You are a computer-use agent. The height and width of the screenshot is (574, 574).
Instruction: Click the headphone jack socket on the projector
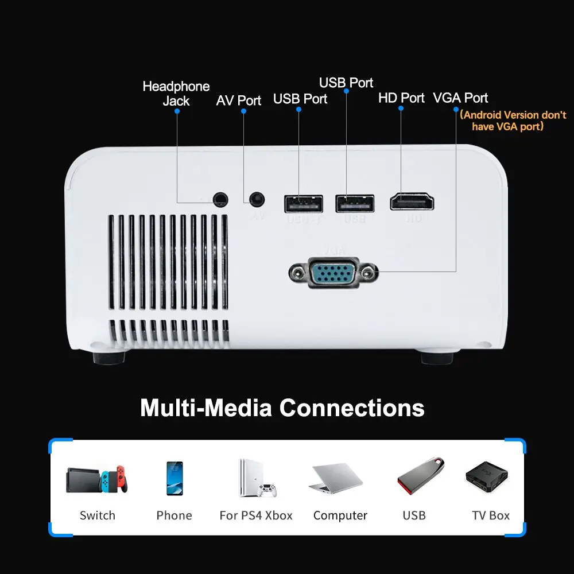click(x=220, y=200)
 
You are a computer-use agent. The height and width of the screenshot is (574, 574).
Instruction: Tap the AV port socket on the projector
click(x=257, y=200)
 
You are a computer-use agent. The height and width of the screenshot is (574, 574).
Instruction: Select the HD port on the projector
click(x=412, y=202)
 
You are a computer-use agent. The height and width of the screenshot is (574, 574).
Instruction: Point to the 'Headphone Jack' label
click(x=176, y=94)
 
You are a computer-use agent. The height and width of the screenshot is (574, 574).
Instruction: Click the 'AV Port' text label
click(x=239, y=100)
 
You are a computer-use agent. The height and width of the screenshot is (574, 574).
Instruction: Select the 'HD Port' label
click(x=401, y=98)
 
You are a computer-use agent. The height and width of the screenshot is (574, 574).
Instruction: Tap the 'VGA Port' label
click(x=461, y=98)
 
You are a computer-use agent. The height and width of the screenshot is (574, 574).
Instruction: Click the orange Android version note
click(x=514, y=121)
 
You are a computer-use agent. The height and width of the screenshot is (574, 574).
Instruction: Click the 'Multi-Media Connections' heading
click(x=282, y=408)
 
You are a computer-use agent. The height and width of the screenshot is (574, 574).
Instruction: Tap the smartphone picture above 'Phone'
click(x=174, y=478)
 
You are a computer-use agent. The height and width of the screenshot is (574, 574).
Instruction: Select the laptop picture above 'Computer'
click(x=338, y=478)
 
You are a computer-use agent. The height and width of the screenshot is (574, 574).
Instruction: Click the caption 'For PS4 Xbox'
click(x=256, y=515)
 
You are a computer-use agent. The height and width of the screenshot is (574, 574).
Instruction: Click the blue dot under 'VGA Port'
click(x=456, y=109)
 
